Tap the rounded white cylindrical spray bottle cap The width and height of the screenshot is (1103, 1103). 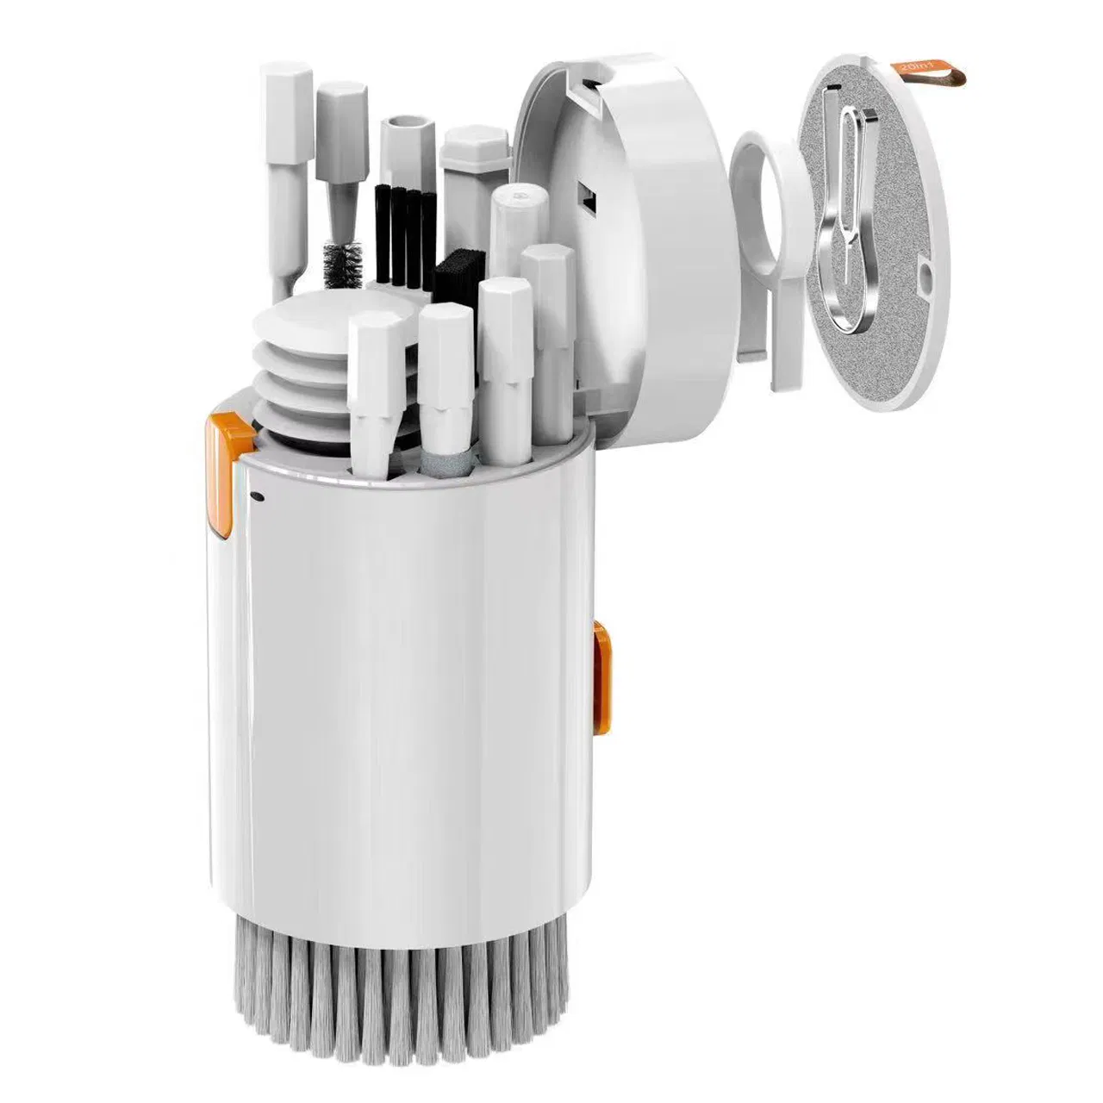(x=514, y=207)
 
